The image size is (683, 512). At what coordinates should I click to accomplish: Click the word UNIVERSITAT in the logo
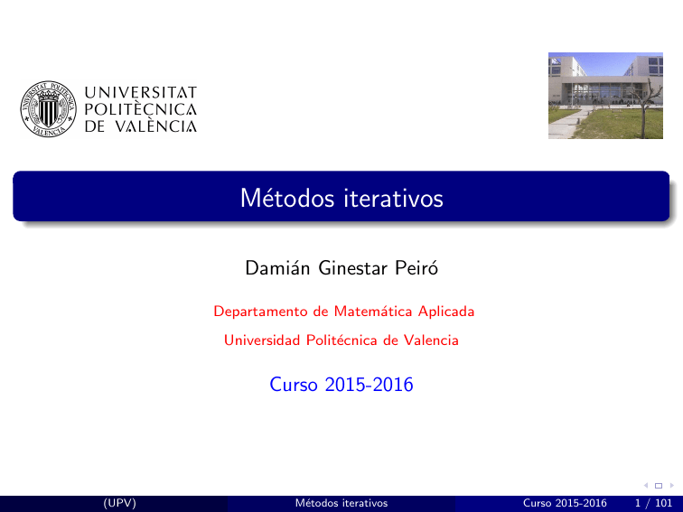pyautogui.click(x=140, y=92)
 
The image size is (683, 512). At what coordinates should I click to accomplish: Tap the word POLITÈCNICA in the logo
pyautogui.click(x=140, y=109)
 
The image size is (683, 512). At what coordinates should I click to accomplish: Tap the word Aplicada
pyautogui.click(x=445, y=312)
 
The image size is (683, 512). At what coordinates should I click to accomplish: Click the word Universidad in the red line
pyautogui.click(x=260, y=340)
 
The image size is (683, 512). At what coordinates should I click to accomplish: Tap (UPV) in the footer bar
pyautogui.click(x=119, y=503)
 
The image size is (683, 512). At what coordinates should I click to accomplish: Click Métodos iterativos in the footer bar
pyautogui.click(x=341, y=503)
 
